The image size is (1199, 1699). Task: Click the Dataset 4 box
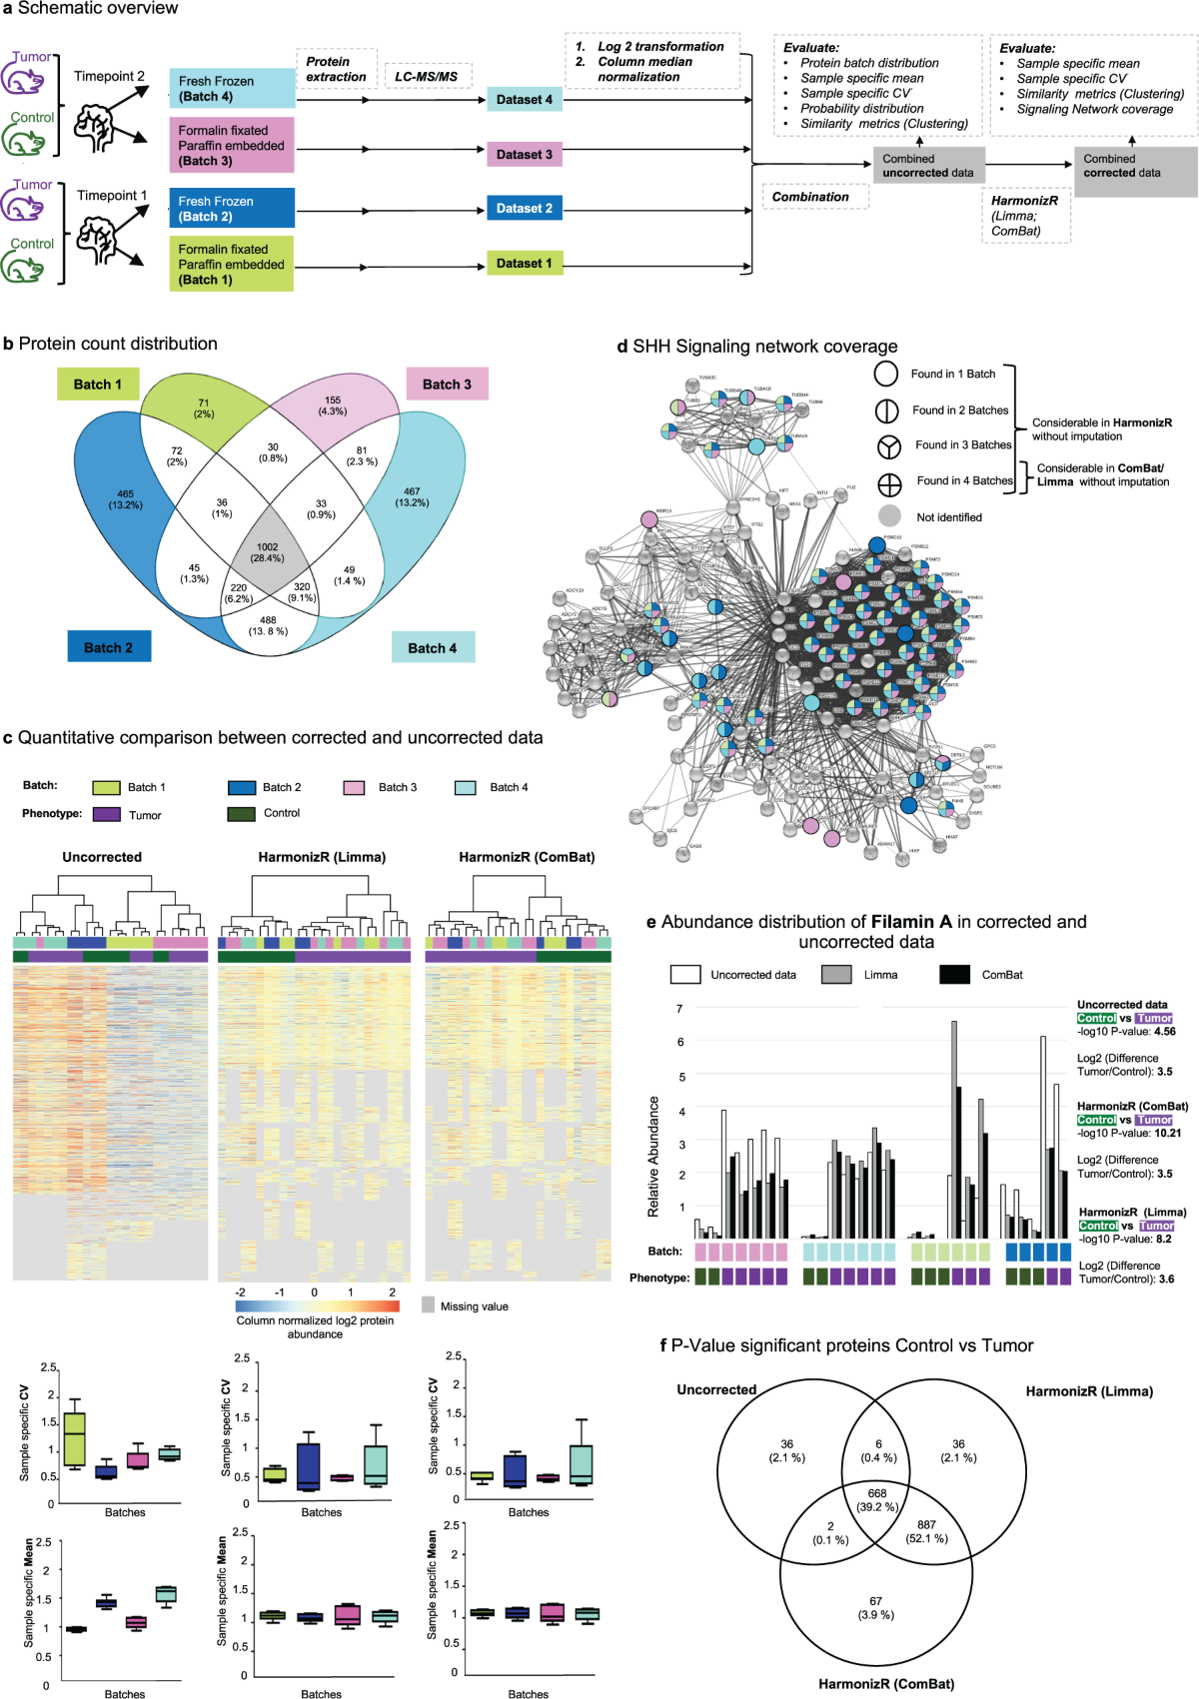click(x=525, y=99)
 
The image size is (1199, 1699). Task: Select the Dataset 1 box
click(x=525, y=264)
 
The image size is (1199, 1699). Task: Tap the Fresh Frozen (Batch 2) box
click(x=232, y=209)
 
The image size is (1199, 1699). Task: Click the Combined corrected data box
click(x=1135, y=166)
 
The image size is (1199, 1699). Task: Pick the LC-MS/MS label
click(x=427, y=77)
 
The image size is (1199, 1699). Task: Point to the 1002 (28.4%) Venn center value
click(x=267, y=552)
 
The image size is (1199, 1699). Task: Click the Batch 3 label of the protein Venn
click(x=447, y=385)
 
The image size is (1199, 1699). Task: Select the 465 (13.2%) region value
click(x=125, y=499)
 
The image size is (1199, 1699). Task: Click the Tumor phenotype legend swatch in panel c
click(x=106, y=815)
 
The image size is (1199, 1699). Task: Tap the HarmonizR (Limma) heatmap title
click(x=322, y=857)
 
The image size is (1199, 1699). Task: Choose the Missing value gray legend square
click(x=429, y=1305)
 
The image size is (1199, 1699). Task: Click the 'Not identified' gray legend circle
click(x=888, y=516)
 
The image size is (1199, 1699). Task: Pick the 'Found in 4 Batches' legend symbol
click(x=888, y=484)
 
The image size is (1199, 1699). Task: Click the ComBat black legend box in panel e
click(x=955, y=974)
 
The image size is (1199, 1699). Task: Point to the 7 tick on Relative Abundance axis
click(x=679, y=1009)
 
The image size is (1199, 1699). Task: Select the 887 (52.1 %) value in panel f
click(x=926, y=1531)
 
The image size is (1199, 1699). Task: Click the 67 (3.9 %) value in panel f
click(x=875, y=1608)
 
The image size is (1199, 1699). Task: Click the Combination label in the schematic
click(x=810, y=197)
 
